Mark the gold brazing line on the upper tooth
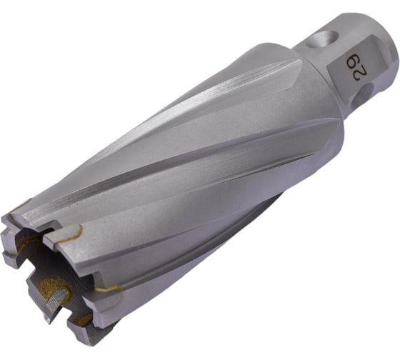pos(71,232)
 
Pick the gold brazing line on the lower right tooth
pos(109,289)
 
